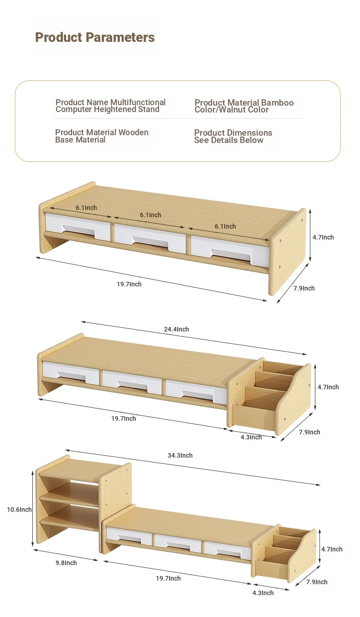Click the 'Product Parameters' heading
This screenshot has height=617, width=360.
[95, 37]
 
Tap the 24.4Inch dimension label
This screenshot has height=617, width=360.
[176, 329]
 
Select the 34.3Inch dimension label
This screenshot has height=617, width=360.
[180, 455]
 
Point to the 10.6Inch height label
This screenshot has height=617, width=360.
[19, 510]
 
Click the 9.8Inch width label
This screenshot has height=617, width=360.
[66, 563]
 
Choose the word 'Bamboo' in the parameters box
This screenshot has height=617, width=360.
[278, 103]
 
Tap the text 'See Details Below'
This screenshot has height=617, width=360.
[229, 140]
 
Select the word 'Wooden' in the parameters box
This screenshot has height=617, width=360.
[134, 133]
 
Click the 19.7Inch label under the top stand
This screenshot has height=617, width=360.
[129, 284]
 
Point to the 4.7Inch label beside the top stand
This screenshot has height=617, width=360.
[323, 237]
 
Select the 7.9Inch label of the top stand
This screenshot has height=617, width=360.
[304, 288]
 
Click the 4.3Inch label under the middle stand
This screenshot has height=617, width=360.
[251, 437]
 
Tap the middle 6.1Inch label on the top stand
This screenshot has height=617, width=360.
[150, 215]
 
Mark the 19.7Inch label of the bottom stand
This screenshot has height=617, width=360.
[169, 578]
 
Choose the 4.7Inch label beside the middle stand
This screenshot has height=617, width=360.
[328, 387]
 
